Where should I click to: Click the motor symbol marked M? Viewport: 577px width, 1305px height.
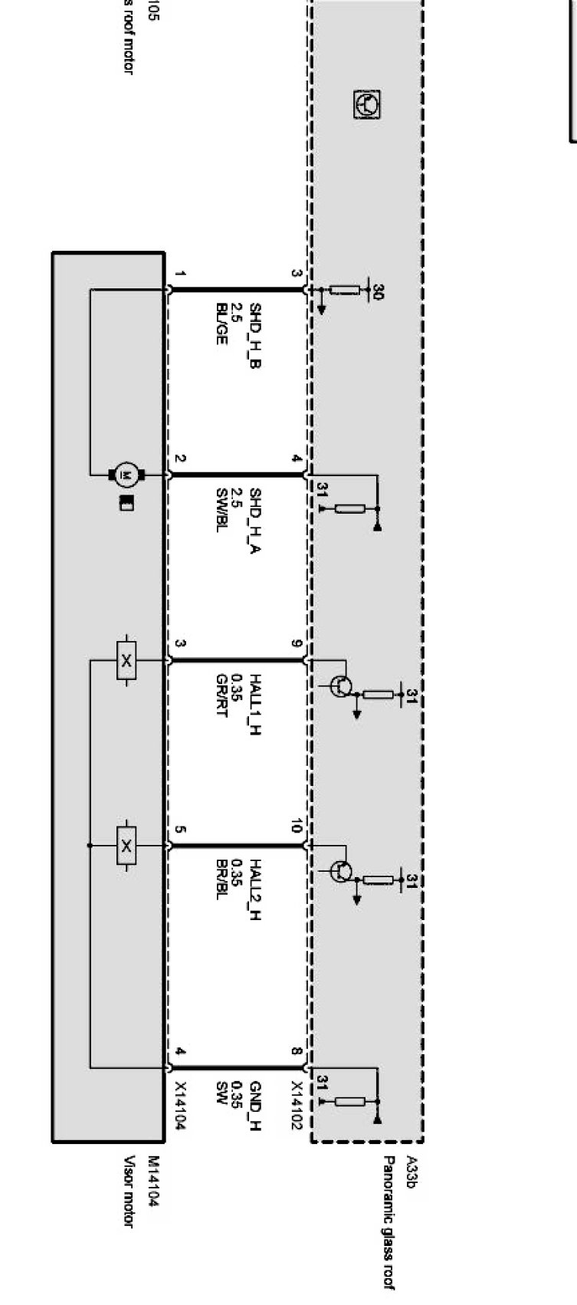click(x=123, y=475)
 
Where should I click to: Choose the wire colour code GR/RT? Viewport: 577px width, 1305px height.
click(x=221, y=693)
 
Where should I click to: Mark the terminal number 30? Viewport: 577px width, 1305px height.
click(x=378, y=291)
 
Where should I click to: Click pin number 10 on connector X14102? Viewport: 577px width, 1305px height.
click(x=297, y=827)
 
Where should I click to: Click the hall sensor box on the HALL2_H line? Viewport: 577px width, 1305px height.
click(x=126, y=846)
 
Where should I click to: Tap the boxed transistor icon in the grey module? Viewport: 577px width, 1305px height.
click(x=368, y=104)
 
